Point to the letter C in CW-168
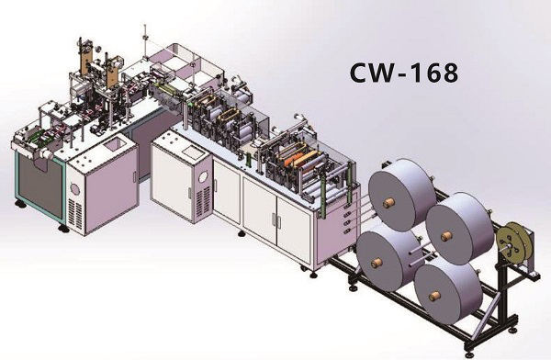[359, 73]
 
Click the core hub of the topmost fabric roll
[388, 203]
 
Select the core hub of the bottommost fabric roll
[435, 296]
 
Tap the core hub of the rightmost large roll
[446, 236]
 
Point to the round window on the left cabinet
[75, 189]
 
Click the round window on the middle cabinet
[204, 176]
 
